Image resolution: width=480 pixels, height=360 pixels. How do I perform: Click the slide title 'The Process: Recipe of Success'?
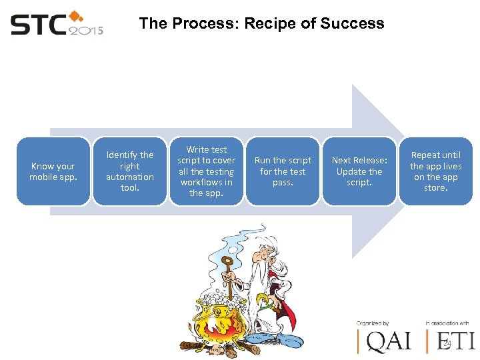click(261, 23)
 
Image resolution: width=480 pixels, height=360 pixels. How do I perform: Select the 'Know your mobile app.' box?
click(53, 171)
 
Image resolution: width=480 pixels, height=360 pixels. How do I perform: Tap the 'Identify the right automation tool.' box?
click(129, 171)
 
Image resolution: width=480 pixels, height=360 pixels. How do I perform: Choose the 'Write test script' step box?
click(206, 171)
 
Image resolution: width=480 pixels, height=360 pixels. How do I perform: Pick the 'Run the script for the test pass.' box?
click(283, 171)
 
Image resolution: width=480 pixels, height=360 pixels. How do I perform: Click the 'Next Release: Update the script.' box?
click(359, 171)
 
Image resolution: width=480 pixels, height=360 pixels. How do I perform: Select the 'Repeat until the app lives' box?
click(435, 171)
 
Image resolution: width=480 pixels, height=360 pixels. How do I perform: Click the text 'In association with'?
click(447, 323)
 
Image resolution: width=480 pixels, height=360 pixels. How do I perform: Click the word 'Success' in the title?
click(352, 23)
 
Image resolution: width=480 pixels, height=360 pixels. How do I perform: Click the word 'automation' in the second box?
click(129, 177)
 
